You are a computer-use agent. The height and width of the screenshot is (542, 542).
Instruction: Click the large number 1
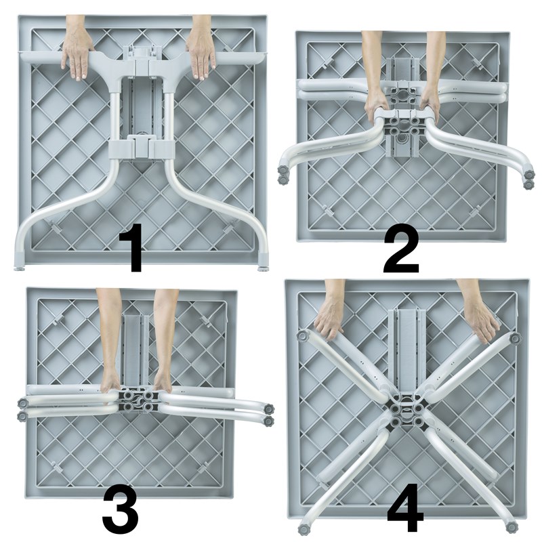tap(131, 247)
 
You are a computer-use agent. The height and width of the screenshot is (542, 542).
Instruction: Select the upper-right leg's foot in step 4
tap(514, 338)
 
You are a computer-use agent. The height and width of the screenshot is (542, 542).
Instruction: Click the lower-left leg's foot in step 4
tap(304, 530)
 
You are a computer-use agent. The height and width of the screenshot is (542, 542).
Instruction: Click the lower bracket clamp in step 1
tap(142, 148)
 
